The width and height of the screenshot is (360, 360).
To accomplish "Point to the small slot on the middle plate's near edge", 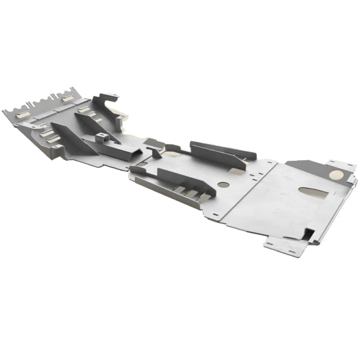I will [x=215, y=215].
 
